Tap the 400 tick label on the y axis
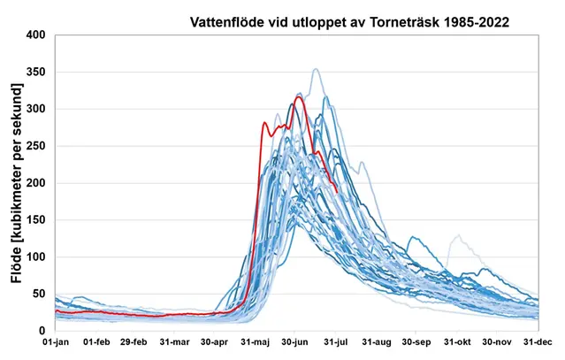click(35, 35)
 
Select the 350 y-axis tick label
click(35, 73)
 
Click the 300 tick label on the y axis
click(35, 109)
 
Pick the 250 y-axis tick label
click(35, 146)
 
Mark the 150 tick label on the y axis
click(35, 219)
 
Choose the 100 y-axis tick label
click(35, 257)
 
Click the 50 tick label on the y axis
click(38, 294)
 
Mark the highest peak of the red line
click(300, 97)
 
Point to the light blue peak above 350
click(315, 69)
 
